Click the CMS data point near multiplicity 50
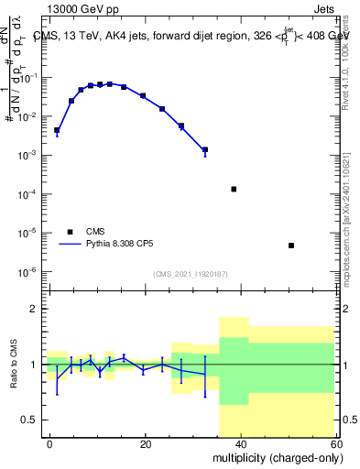[290, 245]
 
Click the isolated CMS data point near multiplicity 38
[234, 190]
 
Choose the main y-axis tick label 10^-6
[27, 272]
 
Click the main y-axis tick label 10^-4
[27, 194]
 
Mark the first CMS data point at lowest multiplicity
[57, 131]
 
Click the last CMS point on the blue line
[205, 149]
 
